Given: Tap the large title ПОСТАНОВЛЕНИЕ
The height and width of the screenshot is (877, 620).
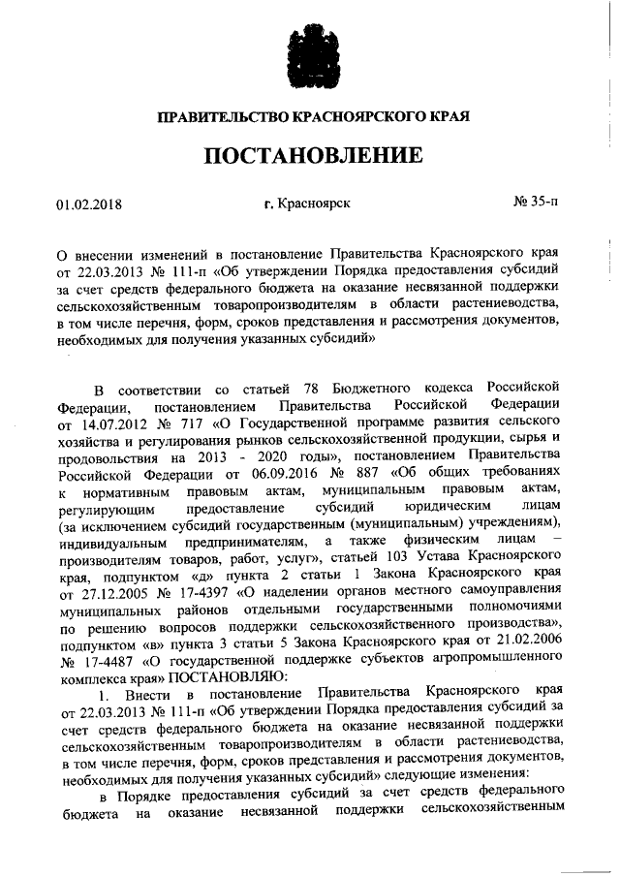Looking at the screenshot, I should tap(312, 155).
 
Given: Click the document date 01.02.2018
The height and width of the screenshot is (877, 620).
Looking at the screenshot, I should tap(90, 204).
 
